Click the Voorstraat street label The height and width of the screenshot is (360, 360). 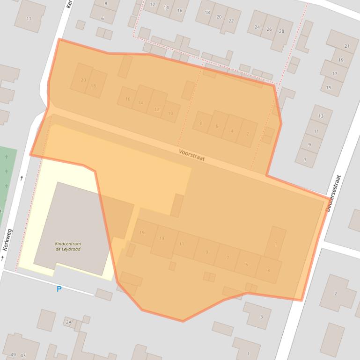[192, 155]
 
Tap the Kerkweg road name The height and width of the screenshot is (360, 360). [7, 240]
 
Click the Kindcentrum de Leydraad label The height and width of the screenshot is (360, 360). [68, 246]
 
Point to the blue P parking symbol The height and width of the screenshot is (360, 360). [59, 289]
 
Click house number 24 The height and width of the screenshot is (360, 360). [257, 27]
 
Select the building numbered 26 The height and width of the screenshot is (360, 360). [269, 29]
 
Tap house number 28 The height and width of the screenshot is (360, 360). [281, 31]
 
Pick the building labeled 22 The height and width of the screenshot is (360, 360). [231, 21]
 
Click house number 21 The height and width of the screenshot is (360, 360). [347, 46]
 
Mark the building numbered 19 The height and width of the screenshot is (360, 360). [341, 60]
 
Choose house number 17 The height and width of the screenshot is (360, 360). [335, 73]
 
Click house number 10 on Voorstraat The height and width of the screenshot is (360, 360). [170, 113]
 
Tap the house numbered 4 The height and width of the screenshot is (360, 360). [232, 131]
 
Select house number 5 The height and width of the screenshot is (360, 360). [247, 265]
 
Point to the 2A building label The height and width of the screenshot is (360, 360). [69, 322]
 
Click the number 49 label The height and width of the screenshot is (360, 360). [13, 355]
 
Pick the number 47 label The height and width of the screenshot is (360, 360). [22, 355]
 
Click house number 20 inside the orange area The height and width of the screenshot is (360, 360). [83, 80]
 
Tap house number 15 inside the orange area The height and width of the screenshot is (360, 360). [142, 232]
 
